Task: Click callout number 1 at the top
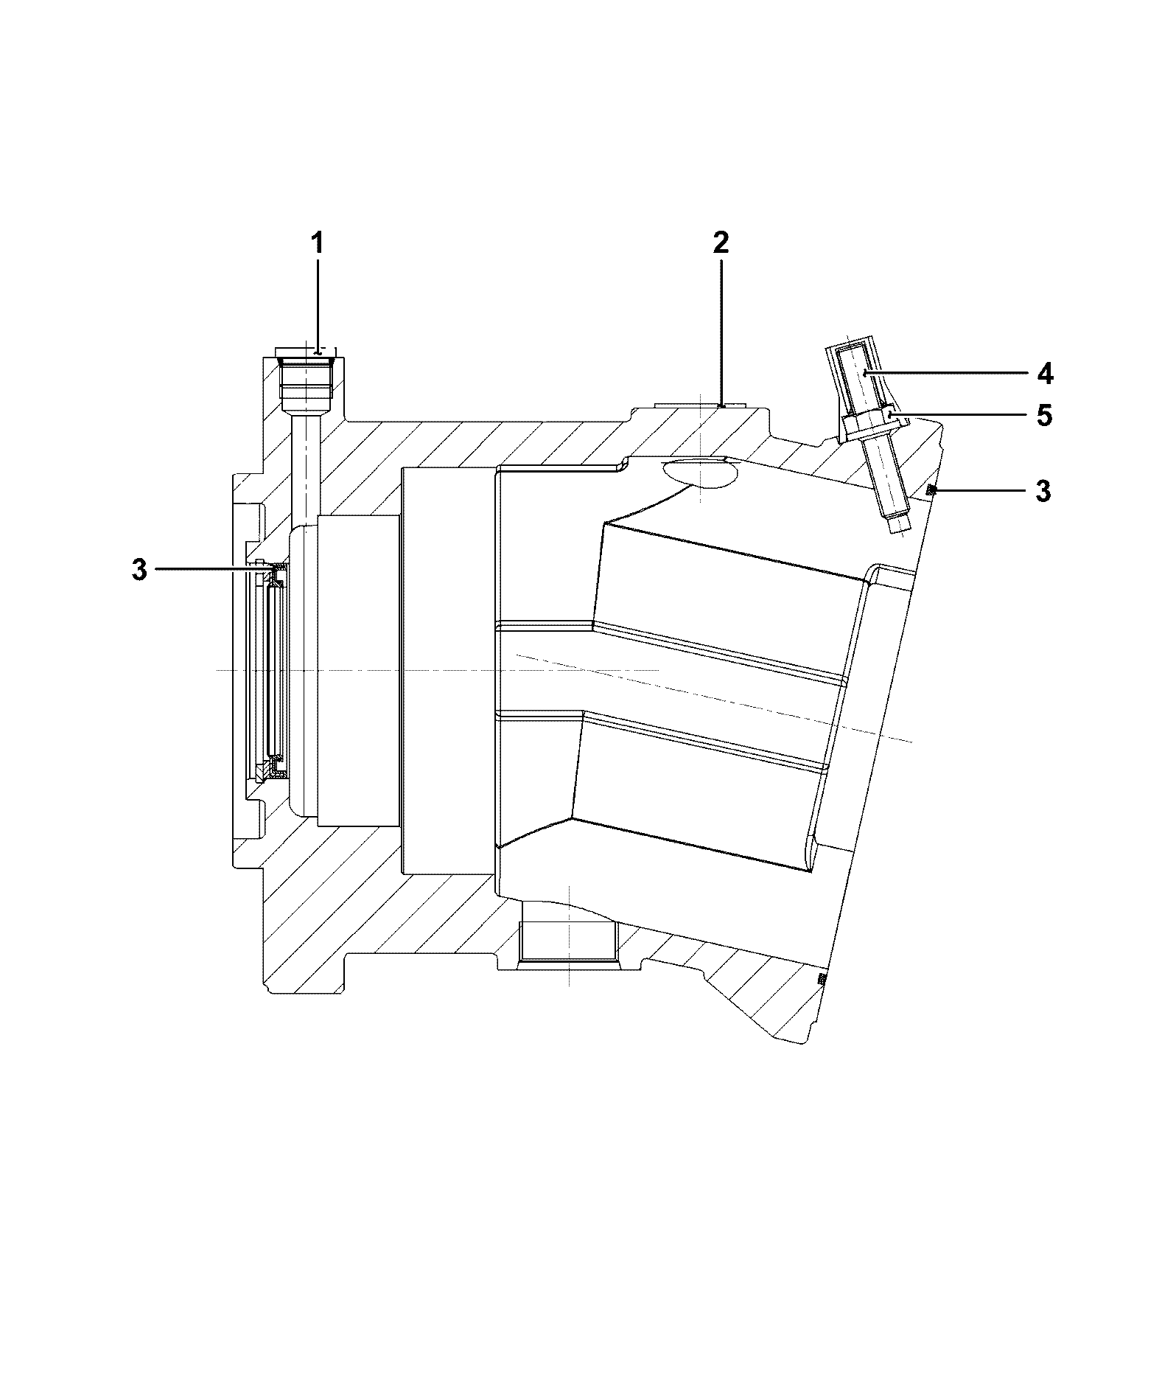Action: [318, 243]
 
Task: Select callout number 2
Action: [721, 243]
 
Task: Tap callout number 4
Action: [1044, 374]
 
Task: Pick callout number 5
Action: [1044, 416]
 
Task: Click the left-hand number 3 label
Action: [140, 569]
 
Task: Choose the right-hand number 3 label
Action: [1043, 491]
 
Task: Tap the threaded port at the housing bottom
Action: [567, 941]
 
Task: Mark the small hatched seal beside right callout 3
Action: [931, 490]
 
